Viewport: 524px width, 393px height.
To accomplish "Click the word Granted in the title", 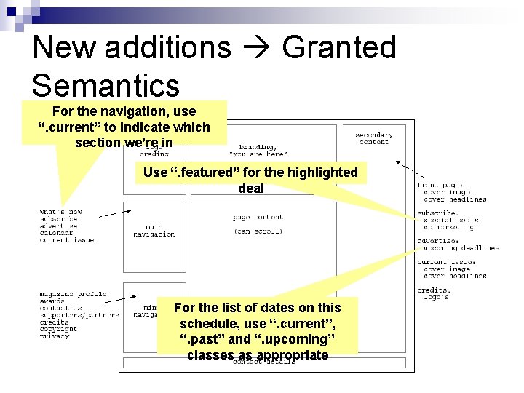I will pyautogui.click(x=338, y=48).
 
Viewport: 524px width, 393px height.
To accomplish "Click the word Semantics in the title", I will pyautogui.click(x=106, y=85).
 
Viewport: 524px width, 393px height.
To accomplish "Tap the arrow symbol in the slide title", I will pyautogui.click(x=255, y=49).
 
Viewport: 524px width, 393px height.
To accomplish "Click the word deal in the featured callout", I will pyautogui.click(x=251, y=188).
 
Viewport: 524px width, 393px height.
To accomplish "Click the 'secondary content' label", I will pyautogui.click(x=373, y=138).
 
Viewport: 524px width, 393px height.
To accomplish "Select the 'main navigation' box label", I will pyautogui.click(x=154, y=231).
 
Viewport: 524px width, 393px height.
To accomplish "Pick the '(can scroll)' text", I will pyautogui.click(x=258, y=231).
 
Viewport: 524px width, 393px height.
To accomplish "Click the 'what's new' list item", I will pyautogui.click(x=60, y=212).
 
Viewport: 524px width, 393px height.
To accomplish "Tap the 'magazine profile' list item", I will pyautogui.click(x=73, y=294).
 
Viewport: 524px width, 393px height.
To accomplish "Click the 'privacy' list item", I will pyautogui.click(x=55, y=336).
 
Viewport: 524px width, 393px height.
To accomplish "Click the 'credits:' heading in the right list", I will pyautogui.click(x=434, y=290).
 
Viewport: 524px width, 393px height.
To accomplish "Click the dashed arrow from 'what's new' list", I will pyautogui.click(x=114, y=214).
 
